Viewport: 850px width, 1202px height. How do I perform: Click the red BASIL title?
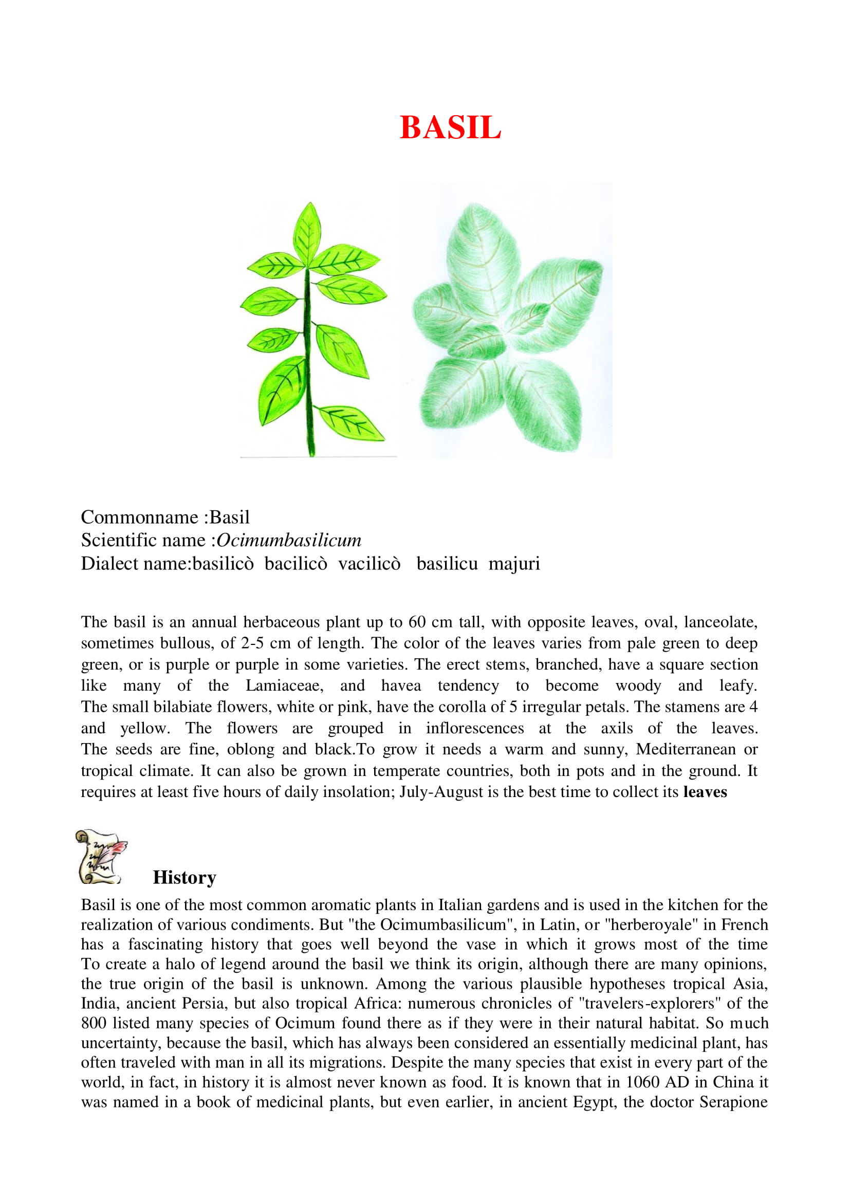click(450, 127)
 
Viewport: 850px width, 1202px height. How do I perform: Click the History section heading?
click(184, 877)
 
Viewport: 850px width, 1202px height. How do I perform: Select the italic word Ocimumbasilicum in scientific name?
click(289, 540)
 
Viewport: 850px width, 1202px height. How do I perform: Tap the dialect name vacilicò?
click(369, 563)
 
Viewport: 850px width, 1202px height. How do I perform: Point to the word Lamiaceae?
click(284, 686)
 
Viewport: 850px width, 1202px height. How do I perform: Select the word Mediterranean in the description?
click(686, 749)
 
